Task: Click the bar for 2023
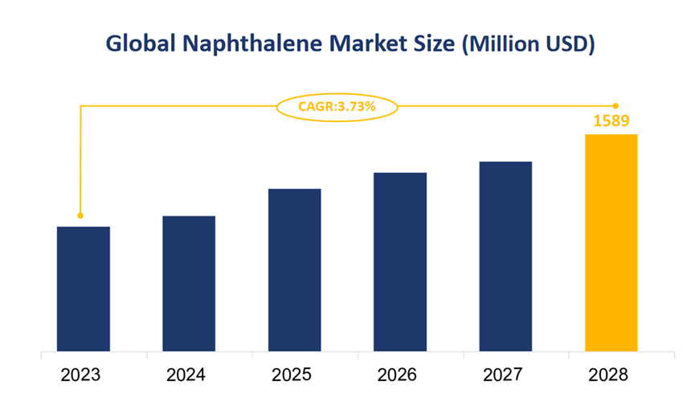coord(83,289)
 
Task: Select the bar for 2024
coord(189,284)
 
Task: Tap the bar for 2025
coord(294,270)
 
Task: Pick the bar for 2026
coord(400,262)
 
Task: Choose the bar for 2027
coord(505,256)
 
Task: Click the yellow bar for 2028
coord(611,243)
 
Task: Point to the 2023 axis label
coord(83,375)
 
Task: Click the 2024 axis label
coord(189,375)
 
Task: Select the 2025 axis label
coord(294,375)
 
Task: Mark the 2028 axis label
coord(611,375)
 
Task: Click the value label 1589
coord(611,121)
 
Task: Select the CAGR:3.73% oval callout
coord(337,105)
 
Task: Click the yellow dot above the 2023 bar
coord(80,215)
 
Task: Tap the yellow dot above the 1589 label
coord(615,105)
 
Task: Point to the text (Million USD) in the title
coord(528,44)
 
